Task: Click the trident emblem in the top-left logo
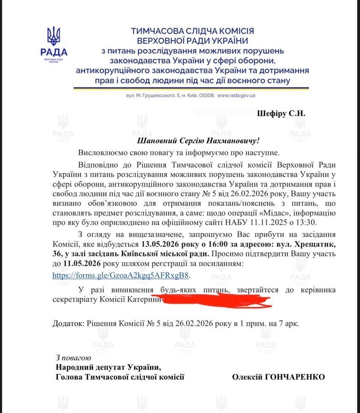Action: (x=54, y=36)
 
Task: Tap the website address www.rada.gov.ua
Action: (x=236, y=96)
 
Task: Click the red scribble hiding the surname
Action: (x=217, y=301)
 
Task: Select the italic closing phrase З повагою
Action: (x=73, y=358)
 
